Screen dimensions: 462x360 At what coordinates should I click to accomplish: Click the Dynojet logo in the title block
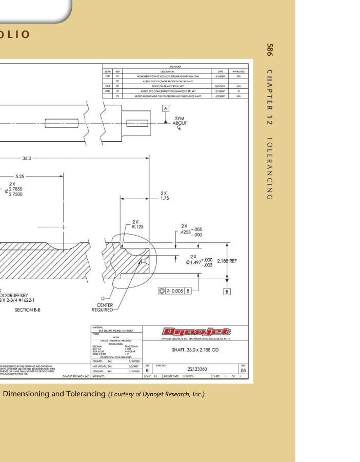(196, 333)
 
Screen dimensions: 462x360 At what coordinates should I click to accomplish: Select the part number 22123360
(197, 369)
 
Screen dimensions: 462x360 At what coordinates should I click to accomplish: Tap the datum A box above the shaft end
(165, 108)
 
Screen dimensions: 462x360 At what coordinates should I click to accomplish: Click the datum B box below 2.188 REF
(227, 292)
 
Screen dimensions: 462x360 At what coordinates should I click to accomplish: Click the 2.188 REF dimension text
(227, 261)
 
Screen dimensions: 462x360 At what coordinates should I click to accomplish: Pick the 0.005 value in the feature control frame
(176, 291)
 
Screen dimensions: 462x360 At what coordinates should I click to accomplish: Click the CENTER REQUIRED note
(102, 307)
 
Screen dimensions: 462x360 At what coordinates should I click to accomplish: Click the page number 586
(270, 50)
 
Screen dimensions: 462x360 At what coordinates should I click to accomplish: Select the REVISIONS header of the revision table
(175, 67)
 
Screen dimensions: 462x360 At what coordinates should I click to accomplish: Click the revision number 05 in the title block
(243, 370)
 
